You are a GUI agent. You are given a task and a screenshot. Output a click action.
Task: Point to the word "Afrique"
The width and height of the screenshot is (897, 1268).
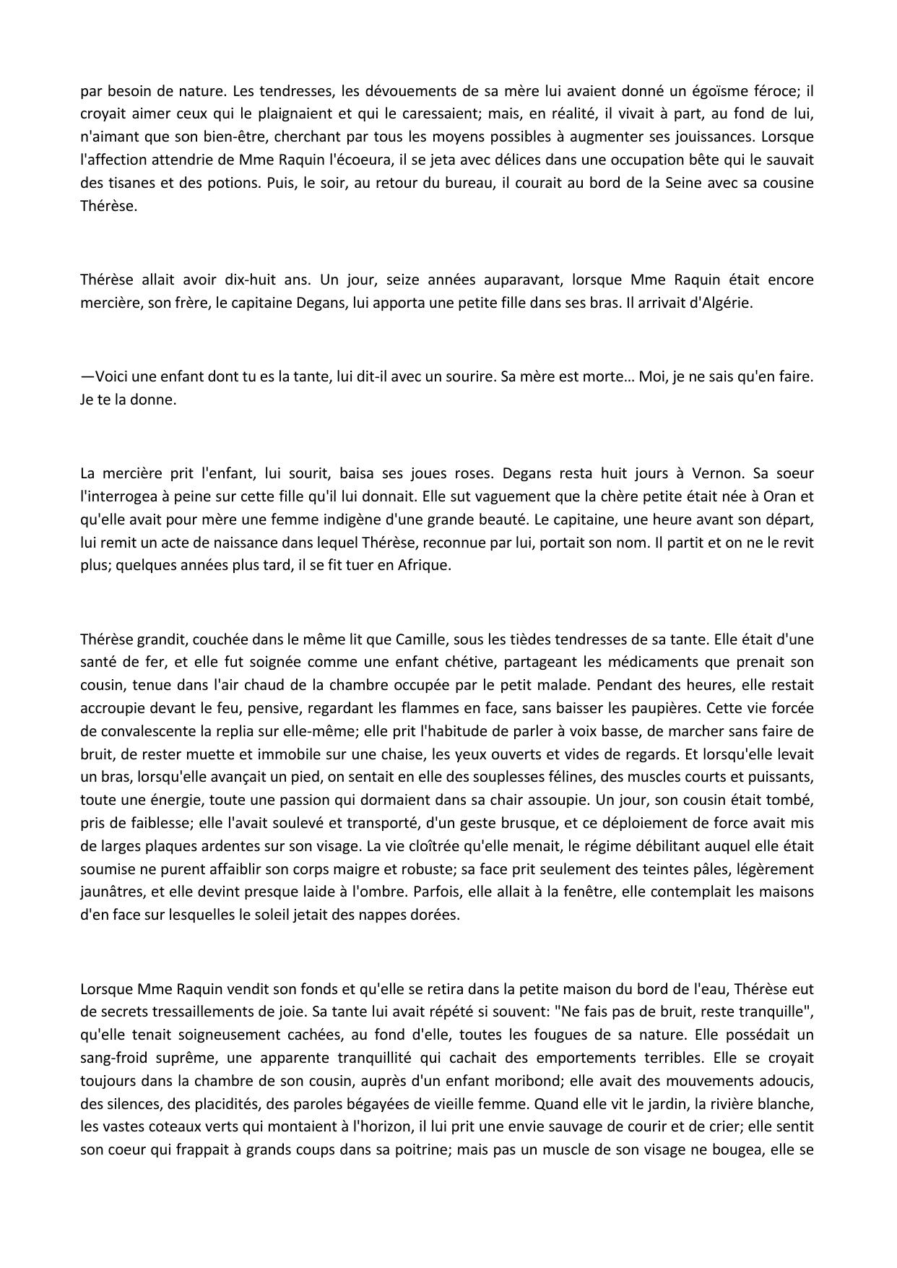tap(424, 565)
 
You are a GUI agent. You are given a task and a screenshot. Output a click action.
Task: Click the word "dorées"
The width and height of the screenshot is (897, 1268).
tap(435, 915)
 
